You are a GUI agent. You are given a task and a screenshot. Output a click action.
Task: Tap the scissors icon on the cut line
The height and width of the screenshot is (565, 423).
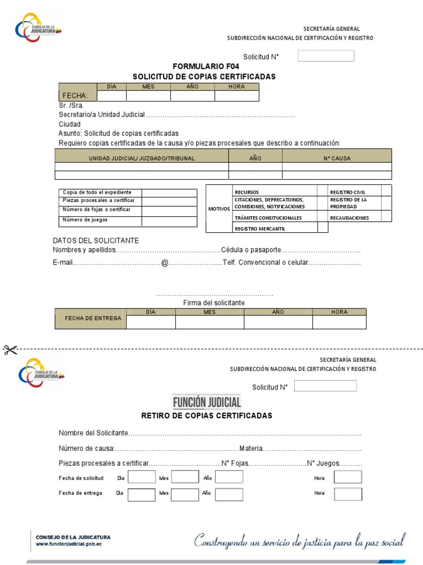(x=10, y=349)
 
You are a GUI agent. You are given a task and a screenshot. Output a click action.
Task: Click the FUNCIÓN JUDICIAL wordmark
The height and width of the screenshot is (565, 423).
(x=207, y=402)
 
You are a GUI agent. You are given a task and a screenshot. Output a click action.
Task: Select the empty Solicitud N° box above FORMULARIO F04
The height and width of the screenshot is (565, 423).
(x=326, y=56)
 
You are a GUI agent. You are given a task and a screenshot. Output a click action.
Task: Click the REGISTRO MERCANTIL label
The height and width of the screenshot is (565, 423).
(x=260, y=228)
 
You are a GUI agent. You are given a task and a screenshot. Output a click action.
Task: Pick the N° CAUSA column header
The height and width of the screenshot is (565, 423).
(x=337, y=158)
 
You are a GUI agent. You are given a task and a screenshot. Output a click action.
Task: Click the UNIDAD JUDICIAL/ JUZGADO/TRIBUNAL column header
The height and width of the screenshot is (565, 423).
(x=142, y=158)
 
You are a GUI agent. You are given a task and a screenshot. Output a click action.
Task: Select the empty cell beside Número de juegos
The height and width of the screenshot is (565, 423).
(x=169, y=220)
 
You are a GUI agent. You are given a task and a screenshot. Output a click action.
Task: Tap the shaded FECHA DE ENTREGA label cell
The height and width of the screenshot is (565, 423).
(x=91, y=319)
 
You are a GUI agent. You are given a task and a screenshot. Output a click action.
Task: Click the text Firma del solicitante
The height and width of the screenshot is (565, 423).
(x=214, y=303)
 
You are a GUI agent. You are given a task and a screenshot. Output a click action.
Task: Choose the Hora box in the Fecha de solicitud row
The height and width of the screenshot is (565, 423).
(x=348, y=477)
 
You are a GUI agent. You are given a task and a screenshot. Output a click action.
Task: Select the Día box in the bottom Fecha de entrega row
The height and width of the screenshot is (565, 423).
(x=142, y=494)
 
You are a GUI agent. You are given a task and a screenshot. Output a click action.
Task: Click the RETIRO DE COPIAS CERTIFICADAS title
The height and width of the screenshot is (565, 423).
(x=207, y=415)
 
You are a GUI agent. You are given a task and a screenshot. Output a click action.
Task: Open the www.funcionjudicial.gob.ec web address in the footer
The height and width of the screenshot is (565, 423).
(x=69, y=543)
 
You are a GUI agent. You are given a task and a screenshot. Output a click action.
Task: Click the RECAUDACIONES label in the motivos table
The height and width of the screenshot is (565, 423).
(x=349, y=218)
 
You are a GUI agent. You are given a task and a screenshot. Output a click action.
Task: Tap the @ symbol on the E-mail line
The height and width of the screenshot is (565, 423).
(x=164, y=263)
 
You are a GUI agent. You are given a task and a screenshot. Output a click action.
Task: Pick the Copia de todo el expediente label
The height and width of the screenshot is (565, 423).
(x=97, y=192)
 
